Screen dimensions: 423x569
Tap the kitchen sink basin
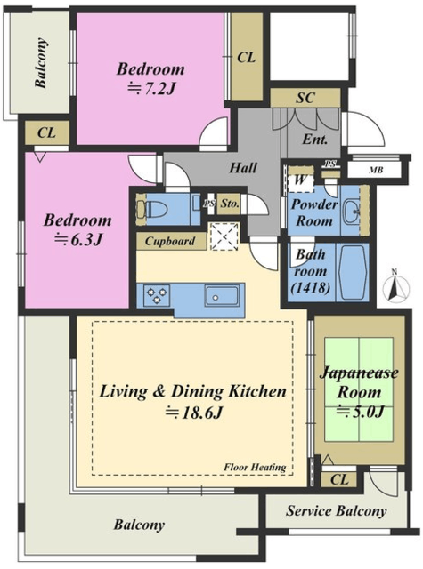222,295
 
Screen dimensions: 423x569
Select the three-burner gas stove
157,295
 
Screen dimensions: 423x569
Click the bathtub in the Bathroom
352,272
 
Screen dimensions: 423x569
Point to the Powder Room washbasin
352,210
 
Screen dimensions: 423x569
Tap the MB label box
375,170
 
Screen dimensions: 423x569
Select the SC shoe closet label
305,98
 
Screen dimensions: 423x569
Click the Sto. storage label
229,204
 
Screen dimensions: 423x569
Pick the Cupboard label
170,241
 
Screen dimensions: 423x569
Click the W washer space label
300,180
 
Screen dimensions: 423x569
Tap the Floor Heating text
255,467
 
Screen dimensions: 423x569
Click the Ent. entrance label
314,140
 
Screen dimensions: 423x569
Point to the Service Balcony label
336,511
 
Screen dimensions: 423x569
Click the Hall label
243,168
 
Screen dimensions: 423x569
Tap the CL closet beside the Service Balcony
339,479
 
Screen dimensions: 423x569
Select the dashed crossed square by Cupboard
225,236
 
